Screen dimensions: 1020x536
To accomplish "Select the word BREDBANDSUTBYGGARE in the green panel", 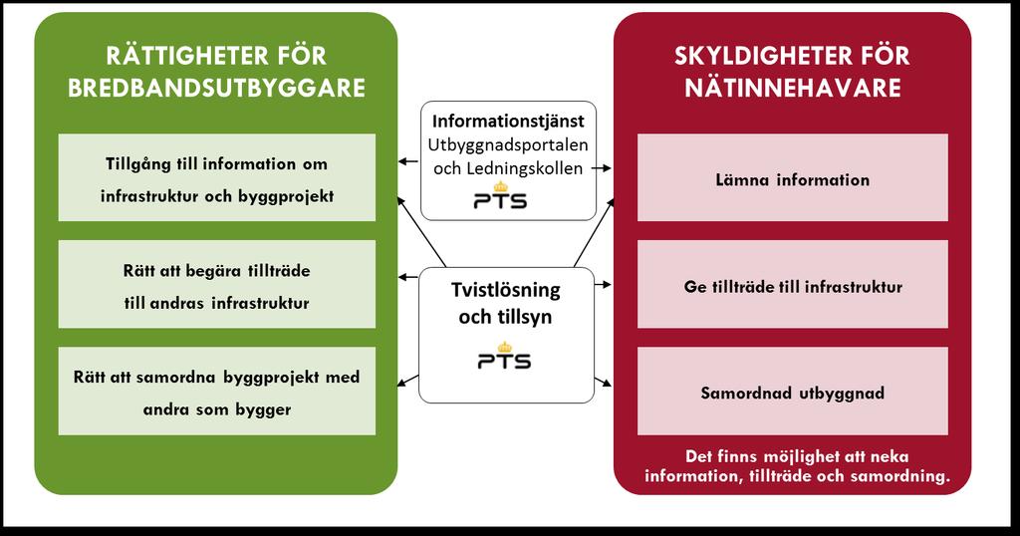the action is click(x=216, y=89).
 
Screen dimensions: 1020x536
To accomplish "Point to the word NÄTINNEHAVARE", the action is click(x=792, y=89).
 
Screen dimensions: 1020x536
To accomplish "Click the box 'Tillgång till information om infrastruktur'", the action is click(x=216, y=177).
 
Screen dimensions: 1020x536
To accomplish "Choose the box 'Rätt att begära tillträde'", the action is click(x=216, y=284).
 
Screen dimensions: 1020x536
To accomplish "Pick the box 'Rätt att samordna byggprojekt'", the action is click(x=216, y=391).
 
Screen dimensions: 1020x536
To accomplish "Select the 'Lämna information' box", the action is click(x=792, y=177).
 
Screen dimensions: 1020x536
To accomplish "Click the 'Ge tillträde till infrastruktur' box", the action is click(x=792, y=284).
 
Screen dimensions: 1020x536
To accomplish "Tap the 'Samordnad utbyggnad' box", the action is click(x=792, y=391).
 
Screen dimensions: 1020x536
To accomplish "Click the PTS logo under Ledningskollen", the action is click(x=500, y=196).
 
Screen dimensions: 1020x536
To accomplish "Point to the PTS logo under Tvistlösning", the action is click(x=504, y=355).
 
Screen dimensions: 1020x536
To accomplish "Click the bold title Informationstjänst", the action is click(x=508, y=121).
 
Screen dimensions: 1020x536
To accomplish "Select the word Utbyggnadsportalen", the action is click(x=508, y=145).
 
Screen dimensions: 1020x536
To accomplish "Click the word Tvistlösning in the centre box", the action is click(x=506, y=290).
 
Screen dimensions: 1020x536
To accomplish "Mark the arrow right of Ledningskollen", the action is click(x=601, y=168).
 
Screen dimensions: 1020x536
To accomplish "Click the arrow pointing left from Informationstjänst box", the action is click(x=408, y=161).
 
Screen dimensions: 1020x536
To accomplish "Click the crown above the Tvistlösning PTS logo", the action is click(x=503, y=347).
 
